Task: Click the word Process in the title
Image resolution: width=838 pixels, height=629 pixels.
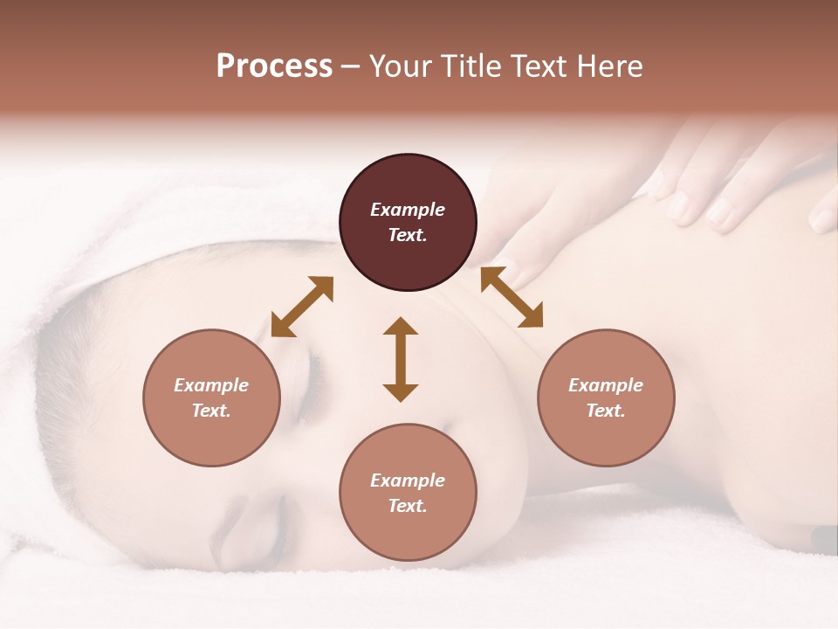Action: pos(274,66)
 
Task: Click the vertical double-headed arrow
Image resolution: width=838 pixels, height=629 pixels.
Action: pos(401,359)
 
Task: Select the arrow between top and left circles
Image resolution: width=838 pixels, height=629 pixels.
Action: pos(302,307)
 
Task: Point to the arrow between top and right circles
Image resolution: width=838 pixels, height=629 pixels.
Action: pos(512,297)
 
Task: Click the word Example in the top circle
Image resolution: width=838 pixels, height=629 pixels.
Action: pos(408,210)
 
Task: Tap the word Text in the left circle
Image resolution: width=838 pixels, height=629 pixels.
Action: pos(211,411)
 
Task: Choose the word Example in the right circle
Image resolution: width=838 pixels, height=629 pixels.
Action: pos(605,385)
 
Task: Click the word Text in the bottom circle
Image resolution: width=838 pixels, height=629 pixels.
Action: pos(408,506)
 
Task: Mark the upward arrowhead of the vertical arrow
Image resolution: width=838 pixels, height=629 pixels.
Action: pos(401,326)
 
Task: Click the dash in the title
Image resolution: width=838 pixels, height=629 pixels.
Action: pos(351,67)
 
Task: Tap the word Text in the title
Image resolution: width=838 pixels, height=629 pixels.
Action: pos(540,66)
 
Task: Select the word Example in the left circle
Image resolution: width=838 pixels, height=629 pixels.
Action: pos(211,385)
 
